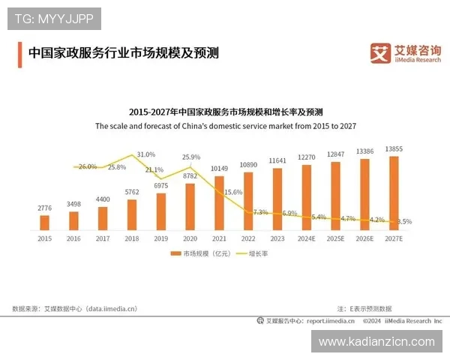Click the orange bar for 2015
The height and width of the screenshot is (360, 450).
point(44,222)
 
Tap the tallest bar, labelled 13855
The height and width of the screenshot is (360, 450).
point(394,192)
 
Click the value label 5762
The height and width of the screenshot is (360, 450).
point(132,192)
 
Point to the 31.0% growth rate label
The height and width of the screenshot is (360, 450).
point(146,154)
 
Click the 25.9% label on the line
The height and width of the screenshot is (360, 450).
point(191,157)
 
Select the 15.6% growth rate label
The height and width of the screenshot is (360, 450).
point(233,192)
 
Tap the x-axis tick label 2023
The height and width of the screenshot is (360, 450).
point(277,238)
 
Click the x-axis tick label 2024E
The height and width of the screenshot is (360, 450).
point(307,238)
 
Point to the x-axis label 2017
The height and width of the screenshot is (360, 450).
point(103,238)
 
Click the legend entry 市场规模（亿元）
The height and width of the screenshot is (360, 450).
point(200,253)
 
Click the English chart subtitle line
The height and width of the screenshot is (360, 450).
point(225,127)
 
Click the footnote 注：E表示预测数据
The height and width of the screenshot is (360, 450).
point(364,307)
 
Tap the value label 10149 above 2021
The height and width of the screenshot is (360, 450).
point(219,168)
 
